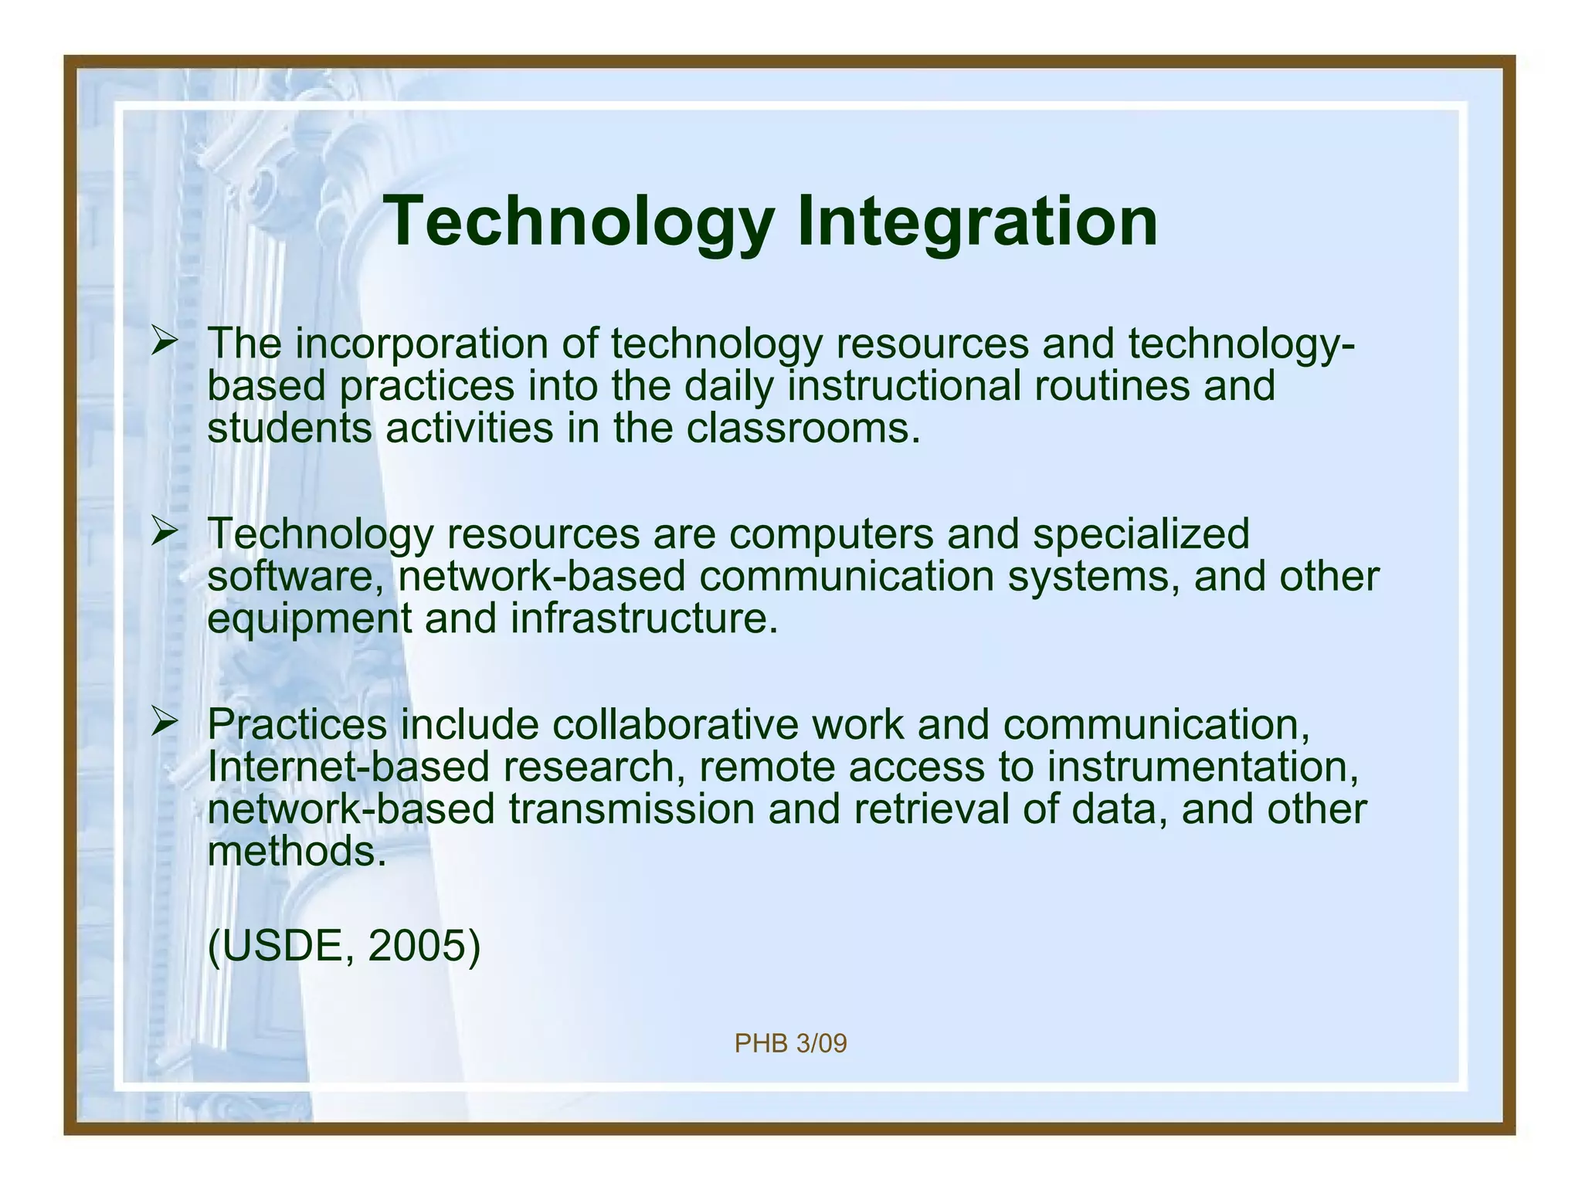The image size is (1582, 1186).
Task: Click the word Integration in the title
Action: [976, 222]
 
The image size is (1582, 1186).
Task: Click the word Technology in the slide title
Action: [579, 222]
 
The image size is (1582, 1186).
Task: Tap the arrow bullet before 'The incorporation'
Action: [165, 341]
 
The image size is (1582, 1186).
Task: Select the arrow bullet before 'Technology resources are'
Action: [165, 531]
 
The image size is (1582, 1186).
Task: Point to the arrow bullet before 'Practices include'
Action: [165, 722]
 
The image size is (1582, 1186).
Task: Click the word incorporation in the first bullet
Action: [422, 344]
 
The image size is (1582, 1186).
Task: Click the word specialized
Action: [1141, 534]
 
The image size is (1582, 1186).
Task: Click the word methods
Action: [297, 852]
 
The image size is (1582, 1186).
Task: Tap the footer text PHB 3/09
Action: [790, 1044]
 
